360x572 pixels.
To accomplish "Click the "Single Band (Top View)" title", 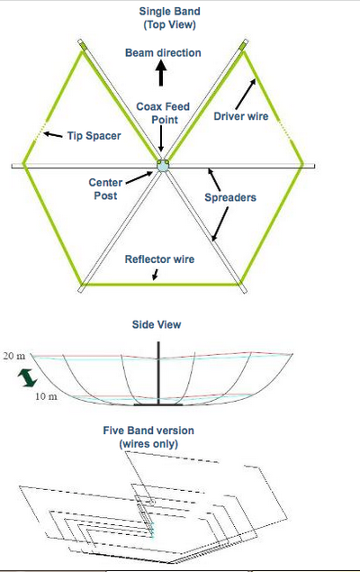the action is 169,18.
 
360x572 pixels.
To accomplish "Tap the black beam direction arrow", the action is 161,73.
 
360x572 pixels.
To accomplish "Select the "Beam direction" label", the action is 163,53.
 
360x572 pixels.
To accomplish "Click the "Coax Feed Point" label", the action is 163,113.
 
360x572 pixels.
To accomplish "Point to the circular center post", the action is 163,165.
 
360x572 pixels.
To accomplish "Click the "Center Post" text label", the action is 105,189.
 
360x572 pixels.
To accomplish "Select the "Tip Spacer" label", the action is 94,136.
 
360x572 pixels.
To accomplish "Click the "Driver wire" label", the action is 241,116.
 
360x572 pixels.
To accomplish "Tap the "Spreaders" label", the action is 230,197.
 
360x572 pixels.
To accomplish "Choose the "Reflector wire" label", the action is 159,259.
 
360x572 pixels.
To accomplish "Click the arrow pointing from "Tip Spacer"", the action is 53,134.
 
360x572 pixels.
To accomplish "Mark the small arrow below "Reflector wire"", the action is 156,275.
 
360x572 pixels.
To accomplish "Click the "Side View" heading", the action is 157,324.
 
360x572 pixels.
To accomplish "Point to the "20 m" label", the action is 14,356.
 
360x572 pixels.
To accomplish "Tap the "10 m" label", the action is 46,396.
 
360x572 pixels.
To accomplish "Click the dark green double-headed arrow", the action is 28,377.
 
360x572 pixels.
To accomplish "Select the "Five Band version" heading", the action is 148,431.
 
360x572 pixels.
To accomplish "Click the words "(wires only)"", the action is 148,444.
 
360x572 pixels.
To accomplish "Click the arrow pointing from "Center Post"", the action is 139,177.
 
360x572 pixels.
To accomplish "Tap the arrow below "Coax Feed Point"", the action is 161,140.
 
